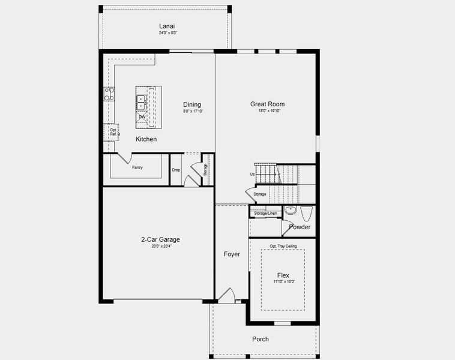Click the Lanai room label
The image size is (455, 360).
[167, 26]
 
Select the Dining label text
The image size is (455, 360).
[192, 104]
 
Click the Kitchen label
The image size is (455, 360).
[146, 139]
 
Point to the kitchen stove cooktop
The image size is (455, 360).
[109, 94]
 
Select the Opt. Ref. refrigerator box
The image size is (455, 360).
[113, 131]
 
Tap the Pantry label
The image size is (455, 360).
[137, 167]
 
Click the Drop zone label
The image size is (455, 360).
[176, 170]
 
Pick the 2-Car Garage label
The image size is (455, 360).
[160, 239]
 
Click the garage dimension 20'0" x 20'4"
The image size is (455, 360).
[160, 246]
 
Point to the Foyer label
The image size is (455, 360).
[232, 254]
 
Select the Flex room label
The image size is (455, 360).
[283, 275]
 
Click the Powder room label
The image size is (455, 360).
[300, 227]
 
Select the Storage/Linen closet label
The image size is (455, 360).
[265, 213]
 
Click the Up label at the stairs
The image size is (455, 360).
[253, 174]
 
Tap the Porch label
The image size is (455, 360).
[261, 339]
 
